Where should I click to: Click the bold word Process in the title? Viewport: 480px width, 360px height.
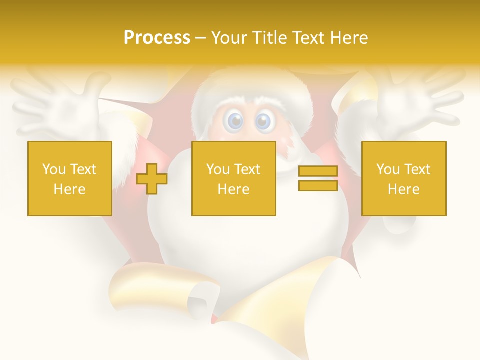click(157, 38)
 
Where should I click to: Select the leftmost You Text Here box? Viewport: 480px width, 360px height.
click(70, 178)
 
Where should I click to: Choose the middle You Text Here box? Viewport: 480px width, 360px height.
click(234, 178)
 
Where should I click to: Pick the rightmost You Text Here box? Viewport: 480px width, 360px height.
click(404, 178)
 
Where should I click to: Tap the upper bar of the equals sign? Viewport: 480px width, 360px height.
click(318, 171)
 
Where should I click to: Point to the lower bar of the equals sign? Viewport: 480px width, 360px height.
click(318, 185)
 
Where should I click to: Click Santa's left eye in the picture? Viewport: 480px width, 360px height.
click(235, 121)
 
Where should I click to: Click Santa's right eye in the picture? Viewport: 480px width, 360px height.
click(263, 121)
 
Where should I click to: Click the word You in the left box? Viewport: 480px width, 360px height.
click(54, 169)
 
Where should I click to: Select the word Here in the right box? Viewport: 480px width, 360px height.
click(404, 189)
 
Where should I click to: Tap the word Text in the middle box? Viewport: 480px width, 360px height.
click(248, 169)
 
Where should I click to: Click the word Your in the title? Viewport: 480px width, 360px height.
click(227, 38)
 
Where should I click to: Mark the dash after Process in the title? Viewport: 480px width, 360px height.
click(200, 38)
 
